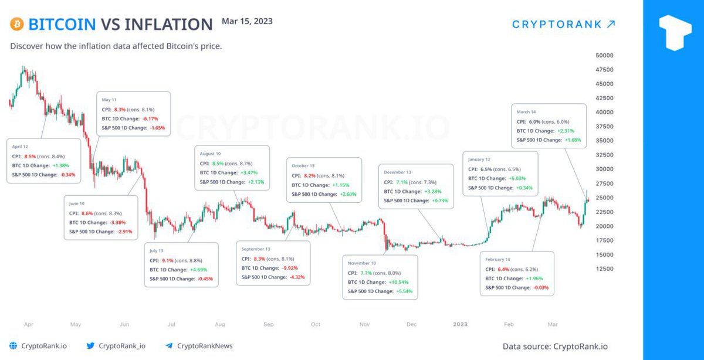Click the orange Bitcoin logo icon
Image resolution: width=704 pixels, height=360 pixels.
[x=16, y=24]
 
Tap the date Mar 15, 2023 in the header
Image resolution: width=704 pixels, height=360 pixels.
[x=247, y=21]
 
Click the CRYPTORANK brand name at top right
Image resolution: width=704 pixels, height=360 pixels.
[x=557, y=24]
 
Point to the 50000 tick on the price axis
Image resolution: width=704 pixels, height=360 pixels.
[x=604, y=56]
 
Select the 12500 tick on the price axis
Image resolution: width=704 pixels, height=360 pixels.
[x=604, y=269]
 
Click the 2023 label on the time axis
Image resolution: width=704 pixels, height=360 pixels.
[x=460, y=324]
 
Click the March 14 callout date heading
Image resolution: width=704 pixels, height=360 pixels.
[x=526, y=111]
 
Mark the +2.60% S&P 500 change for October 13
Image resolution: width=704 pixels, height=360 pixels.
[x=346, y=194]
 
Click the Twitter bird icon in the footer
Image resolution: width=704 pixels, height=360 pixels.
[x=90, y=346]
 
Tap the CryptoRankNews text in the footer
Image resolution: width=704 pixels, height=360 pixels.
[x=205, y=346]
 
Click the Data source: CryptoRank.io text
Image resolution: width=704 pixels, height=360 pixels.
[x=555, y=346]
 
